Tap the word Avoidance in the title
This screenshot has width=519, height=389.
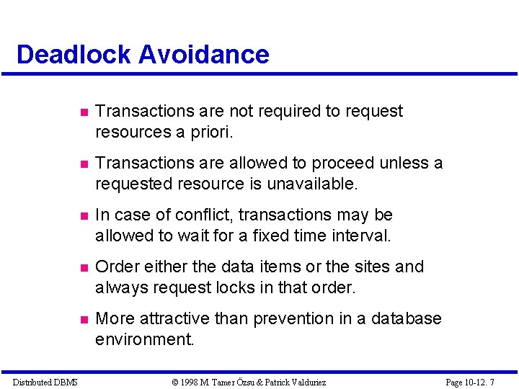(205, 55)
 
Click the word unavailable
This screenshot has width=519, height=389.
(312, 184)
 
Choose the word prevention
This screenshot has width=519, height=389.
(306, 318)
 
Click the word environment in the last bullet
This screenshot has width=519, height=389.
(144, 339)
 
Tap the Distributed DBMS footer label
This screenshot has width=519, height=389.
(45, 382)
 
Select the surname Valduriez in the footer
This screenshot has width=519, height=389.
(305, 382)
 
